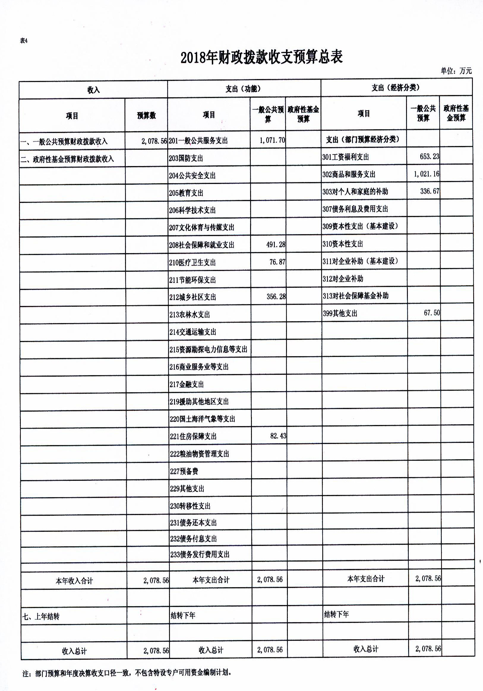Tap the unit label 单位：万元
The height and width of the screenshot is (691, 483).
[x=456, y=71]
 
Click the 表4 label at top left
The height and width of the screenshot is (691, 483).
[x=24, y=41]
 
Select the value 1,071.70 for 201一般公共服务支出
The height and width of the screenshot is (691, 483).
[x=272, y=140]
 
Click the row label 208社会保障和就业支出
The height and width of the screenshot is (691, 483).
[x=201, y=245]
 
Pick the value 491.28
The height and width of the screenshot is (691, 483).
[x=275, y=245]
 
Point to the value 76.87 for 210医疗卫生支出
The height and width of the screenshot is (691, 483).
[x=277, y=262]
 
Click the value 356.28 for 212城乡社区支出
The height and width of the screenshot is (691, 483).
[x=276, y=297]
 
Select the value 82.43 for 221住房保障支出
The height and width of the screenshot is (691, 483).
[x=278, y=436]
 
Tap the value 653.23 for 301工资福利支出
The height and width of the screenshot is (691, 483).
[x=429, y=157]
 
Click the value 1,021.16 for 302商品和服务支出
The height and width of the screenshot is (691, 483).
[x=426, y=174]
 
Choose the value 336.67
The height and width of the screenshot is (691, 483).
[x=430, y=191]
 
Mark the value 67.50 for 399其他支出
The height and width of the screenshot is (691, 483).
[x=432, y=313]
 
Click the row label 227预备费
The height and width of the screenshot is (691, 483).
[x=184, y=471]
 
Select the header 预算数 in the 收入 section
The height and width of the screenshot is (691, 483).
[x=146, y=116]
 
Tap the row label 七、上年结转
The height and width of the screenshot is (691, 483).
[x=41, y=617]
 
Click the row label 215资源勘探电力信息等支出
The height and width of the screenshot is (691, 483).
[x=208, y=350]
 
